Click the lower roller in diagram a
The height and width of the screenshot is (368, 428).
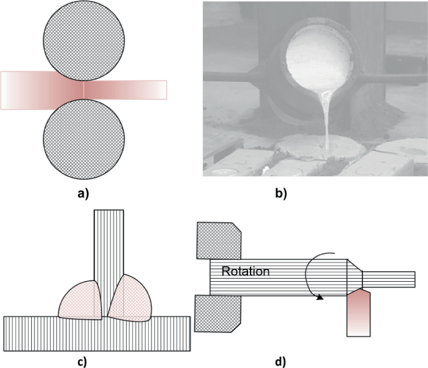click(84, 138)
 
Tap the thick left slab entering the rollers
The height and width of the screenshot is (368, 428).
click(31, 89)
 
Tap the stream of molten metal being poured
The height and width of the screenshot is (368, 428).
click(326, 119)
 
